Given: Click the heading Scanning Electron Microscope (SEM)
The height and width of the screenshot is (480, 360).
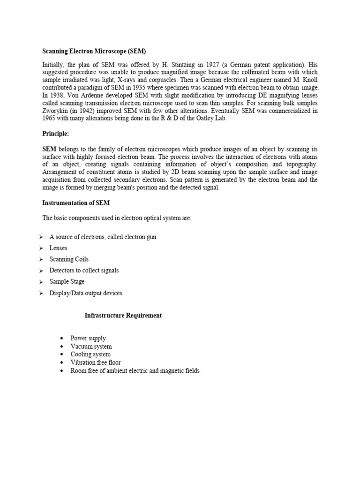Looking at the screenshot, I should click(x=97, y=51).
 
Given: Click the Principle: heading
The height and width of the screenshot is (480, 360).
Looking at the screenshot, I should click(x=56, y=134).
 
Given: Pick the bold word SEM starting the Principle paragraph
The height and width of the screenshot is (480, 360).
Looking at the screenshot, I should click(x=50, y=149).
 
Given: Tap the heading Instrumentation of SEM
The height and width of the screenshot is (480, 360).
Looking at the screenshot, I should click(x=76, y=203).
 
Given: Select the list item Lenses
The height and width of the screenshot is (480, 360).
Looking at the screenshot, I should click(x=59, y=248).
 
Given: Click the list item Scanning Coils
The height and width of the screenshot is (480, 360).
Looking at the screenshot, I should click(x=69, y=259).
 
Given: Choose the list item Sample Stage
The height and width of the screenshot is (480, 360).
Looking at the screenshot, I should click(x=67, y=282).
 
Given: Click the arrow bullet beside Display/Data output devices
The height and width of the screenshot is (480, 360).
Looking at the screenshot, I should click(x=41, y=293).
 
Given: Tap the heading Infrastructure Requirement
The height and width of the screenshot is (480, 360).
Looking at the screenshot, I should click(x=123, y=315).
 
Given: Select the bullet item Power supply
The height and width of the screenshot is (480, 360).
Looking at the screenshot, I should click(x=88, y=338).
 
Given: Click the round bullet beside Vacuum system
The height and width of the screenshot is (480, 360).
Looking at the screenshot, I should click(x=62, y=346).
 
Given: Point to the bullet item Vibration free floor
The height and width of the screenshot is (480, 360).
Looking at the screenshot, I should click(x=96, y=362).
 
